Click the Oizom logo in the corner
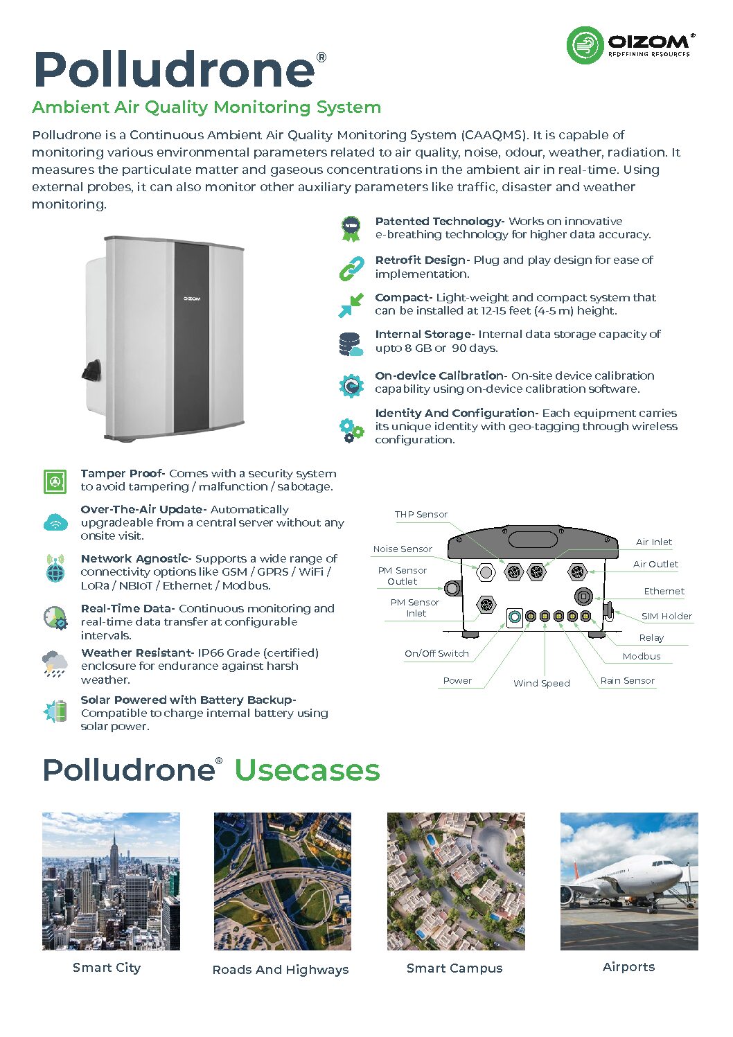[x=629, y=45]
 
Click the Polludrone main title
[x=175, y=70]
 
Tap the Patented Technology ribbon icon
[x=351, y=228]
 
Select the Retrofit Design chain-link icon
[x=351, y=267]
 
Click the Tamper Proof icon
[x=55, y=481]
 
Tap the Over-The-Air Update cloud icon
[x=55, y=522]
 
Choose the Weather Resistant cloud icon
[x=55, y=664]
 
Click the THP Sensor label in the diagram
[x=421, y=514]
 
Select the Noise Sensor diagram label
[x=403, y=549]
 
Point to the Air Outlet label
[x=655, y=564]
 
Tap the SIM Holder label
[x=666, y=616]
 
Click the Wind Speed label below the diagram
[x=541, y=683]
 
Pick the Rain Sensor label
[x=627, y=680]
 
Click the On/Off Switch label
[x=436, y=653]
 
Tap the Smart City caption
[x=107, y=968]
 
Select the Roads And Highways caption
[x=281, y=970]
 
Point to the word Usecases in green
[x=307, y=770]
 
